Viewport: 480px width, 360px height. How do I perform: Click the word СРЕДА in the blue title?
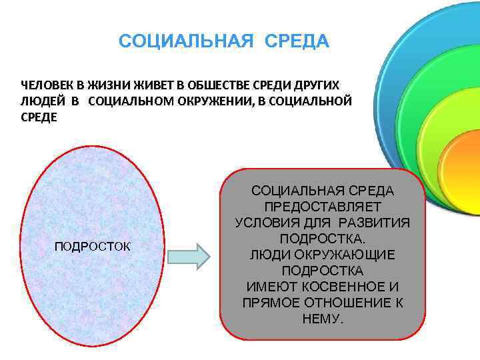tap(297, 42)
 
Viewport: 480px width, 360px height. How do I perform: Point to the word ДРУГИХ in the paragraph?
tap(315, 86)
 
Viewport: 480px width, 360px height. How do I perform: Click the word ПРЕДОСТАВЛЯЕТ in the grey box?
tap(323, 207)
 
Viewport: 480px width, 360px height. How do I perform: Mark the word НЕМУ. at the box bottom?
tap(323, 319)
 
